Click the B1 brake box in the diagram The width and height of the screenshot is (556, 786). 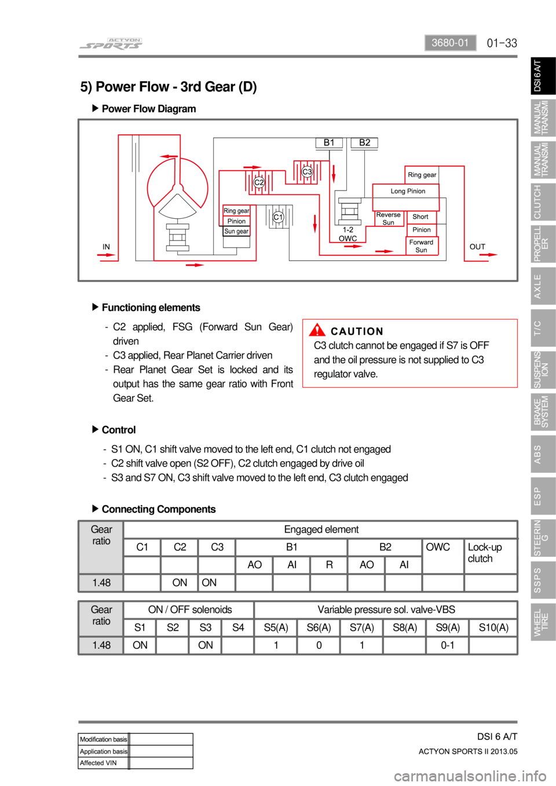[x=328, y=143]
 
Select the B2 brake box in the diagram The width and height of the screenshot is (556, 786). [x=365, y=143]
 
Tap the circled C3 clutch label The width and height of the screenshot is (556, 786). [x=307, y=171]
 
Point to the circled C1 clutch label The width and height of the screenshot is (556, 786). [x=278, y=217]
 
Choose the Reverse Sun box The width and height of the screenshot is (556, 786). [x=388, y=219]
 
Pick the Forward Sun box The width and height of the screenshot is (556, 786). [x=422, y=246]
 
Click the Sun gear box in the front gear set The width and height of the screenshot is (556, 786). [x=236, y=232]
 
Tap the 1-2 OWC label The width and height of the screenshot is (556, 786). [x=348, y=234]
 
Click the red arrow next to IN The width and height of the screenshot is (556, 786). [x=106, y=255]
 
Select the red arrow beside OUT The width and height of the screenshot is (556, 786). [x=488, y=255]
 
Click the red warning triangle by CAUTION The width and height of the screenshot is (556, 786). [x=317, y=330]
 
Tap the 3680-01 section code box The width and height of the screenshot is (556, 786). [x=450, y=43]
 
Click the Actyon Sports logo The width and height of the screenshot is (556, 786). [x=111, y=44]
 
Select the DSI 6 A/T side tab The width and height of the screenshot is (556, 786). [x=543, y=76]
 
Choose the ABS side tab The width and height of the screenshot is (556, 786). [x=543, y=454]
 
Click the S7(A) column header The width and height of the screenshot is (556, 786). [x=361, y=627]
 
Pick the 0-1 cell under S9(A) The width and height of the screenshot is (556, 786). [x=448, y=645]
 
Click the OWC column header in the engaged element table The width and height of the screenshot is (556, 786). [x=438, y=547]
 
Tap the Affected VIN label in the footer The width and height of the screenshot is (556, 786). [x=98, y=763]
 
